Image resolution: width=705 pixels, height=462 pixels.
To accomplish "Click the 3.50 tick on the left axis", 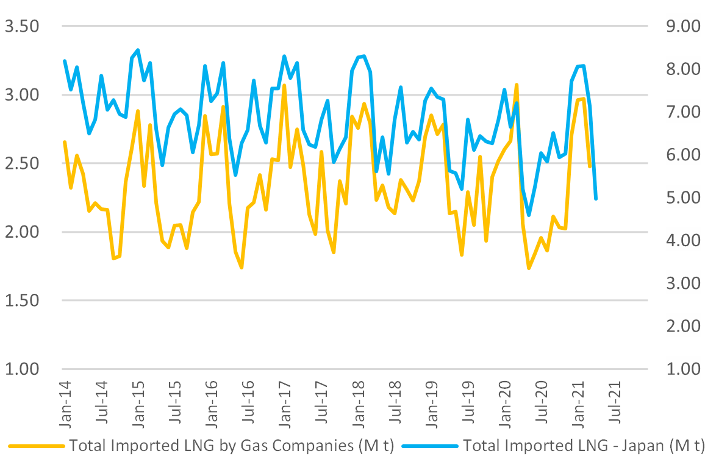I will click(21, 26).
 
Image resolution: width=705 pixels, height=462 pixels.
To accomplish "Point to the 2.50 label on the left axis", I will click(21, 163).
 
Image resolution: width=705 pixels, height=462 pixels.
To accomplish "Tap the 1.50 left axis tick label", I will click(21, 300).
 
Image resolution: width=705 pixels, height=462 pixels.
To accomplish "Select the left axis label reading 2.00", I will click(21, 232).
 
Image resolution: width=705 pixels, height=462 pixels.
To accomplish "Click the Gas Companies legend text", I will click(232, 446).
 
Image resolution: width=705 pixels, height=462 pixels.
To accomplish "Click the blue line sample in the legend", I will click(429, 446).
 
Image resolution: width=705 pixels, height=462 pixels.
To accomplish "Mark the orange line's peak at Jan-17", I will click(284, 85).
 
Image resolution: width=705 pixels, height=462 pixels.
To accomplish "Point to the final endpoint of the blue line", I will click(595, 199).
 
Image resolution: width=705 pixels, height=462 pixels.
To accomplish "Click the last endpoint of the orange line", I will click(590, 166).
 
